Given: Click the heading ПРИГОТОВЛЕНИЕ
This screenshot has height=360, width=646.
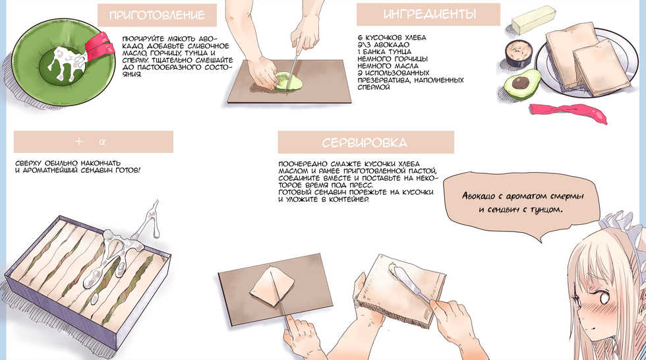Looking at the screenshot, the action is point(157,16).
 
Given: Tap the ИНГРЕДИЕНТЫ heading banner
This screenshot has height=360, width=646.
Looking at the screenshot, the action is point(428,15).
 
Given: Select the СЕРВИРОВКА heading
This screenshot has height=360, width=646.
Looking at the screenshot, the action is point(365,142).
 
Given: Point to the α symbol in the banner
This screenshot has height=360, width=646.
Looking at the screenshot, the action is point(102,142).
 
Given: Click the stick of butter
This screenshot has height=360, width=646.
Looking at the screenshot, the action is point(533,19).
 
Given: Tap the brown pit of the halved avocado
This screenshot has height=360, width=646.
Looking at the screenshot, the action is point(521,82).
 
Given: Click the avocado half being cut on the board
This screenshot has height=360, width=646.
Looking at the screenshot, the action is point(288,81).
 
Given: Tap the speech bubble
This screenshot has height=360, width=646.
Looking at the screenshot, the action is point(522,204).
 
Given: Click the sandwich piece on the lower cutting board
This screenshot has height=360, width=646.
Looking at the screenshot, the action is point(272,285).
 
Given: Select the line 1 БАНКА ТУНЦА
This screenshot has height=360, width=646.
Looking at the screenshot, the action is point(384,51).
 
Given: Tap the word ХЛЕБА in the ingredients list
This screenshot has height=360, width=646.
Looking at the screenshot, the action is point(415,38).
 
